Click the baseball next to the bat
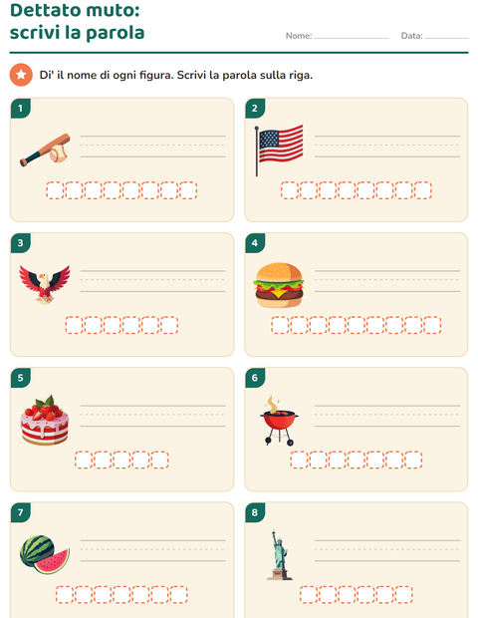(59, 154)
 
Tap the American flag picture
(279, 150)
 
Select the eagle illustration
(45, 284)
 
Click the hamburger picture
(279, 285)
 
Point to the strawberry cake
(45, 421)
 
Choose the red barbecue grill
(279, 421)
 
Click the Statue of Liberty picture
(279, 555)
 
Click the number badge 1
(21, 108)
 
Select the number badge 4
(255, 243)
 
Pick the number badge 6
(255, 378)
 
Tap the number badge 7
(21, 512)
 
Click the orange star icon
(21, 75)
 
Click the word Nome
(298, 36)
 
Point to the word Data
(411, 36)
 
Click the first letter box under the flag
(290, 190)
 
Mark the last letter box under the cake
(159, 460)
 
